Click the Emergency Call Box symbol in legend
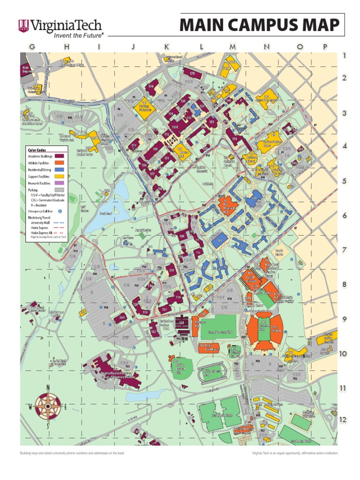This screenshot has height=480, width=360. pos(60,211)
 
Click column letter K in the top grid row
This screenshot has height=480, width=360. pos(166,46)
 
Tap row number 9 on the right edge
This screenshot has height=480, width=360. pos(344,319)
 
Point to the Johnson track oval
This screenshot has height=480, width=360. pos(211,372)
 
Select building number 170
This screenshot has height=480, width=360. pos(192,73)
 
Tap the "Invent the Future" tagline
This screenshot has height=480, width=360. pos(77,35)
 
